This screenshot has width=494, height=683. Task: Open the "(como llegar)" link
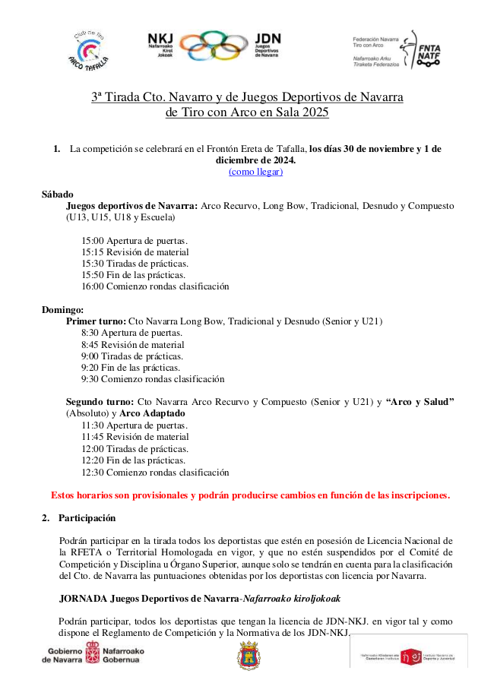[x=255, y=172]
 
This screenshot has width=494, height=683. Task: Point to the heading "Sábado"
[x=57, y=194]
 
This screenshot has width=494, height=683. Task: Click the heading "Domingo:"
[x=62, y=310]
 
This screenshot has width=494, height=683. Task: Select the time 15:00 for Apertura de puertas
[x=92, y=241]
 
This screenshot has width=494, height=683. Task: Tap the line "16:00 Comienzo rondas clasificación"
[x=155, y=286]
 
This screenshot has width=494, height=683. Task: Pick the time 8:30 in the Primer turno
[x=89, y=333]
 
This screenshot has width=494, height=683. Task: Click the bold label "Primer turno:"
[x=96, y=321]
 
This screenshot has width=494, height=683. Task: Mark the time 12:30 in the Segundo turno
[x=92, y=472]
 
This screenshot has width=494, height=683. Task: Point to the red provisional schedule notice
[x=250, y=495]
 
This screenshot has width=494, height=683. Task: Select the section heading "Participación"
[x=87, y=518]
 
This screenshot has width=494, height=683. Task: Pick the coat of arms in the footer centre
[x=249, y=655]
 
